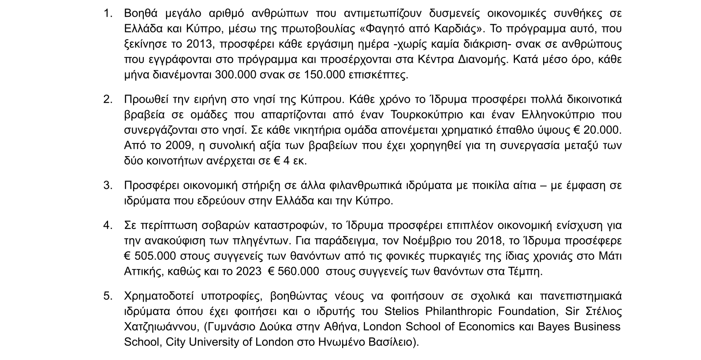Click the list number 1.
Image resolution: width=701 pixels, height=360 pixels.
pyautogui.click(x=108, y=14)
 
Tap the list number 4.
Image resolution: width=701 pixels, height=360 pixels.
pyautogui.click(x=108, y=225)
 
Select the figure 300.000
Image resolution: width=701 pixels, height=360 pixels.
pyautogui.click(x=236, y=75)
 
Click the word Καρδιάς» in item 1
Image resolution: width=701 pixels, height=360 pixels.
pyautogui.click(x=456, y=29)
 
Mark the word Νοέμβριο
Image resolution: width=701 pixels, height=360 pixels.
pyautogui.click(x=424, y=241)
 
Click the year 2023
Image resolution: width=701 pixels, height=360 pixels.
pyautogui.click(x=249, y=271)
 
